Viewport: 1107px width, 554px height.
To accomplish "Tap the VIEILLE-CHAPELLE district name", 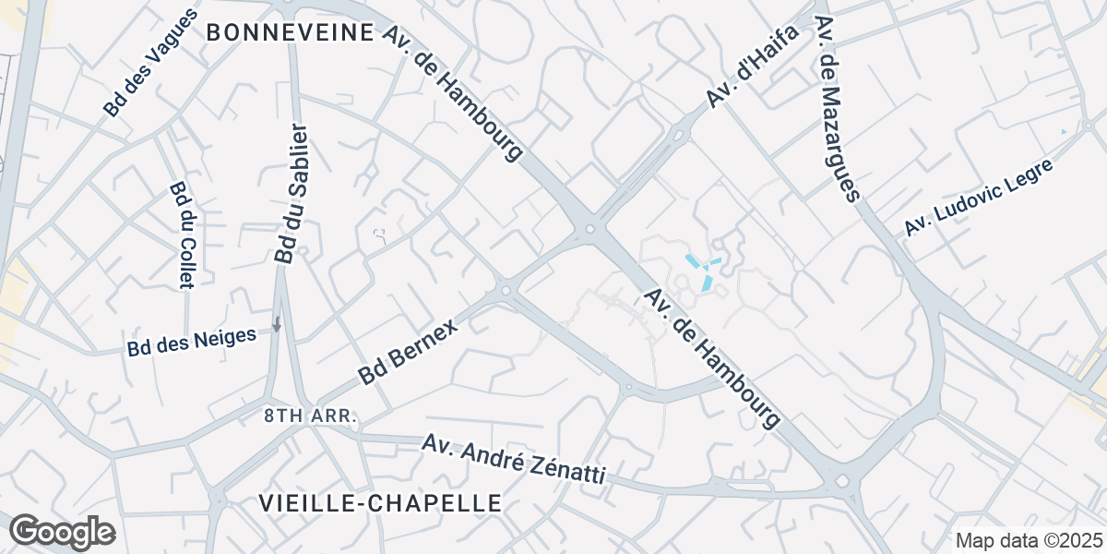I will [381, 503].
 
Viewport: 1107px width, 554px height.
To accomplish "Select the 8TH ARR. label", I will [309, 416].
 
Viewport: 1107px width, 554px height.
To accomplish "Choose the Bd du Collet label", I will [180, 235].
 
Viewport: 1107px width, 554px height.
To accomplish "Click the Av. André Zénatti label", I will [514, 460].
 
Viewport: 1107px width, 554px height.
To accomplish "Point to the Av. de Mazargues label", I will [838, 108].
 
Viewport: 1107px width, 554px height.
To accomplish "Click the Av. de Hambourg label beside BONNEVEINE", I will [453, 92].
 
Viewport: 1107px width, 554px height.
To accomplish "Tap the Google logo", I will [62, 533].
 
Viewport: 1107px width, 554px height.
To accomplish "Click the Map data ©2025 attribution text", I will [1029, 540].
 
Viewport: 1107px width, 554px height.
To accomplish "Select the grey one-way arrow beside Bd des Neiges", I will [276, 324].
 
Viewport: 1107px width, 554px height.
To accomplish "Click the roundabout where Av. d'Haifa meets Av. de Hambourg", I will [589, 229].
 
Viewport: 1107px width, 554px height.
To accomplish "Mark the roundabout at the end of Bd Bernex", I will [506, 292].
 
